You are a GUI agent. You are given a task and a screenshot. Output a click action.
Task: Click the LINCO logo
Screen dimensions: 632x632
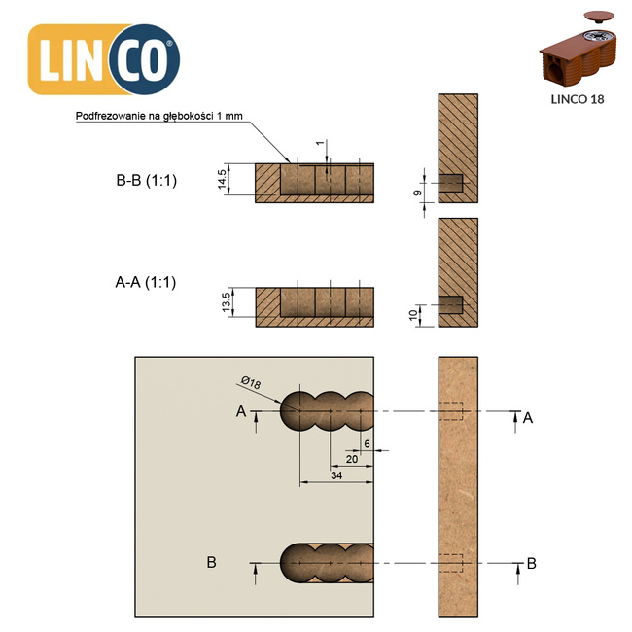(x=104, y=59)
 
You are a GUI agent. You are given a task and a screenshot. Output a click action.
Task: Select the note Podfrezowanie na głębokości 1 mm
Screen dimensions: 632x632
(x=159, y=117)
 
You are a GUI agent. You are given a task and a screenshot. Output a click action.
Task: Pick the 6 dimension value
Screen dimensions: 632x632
(x=367, y=443)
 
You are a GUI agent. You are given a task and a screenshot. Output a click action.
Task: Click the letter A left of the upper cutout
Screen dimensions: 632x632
(x=240, y=412)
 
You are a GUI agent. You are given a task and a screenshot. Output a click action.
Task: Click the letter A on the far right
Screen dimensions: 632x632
(x=528, y=417)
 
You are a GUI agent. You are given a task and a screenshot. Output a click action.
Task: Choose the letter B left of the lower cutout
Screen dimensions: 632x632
(x=211, y=562)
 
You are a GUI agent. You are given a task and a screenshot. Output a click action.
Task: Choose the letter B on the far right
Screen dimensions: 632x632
(x=531, y=562)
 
